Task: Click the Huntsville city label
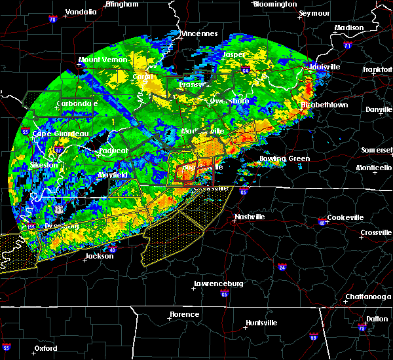coord(261,323)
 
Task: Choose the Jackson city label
coord(99,256)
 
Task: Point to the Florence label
coord(184,314)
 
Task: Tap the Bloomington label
coord(274,4)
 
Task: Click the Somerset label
coord(377,150)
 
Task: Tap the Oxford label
coord(47,348)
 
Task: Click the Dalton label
coord(376,318)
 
